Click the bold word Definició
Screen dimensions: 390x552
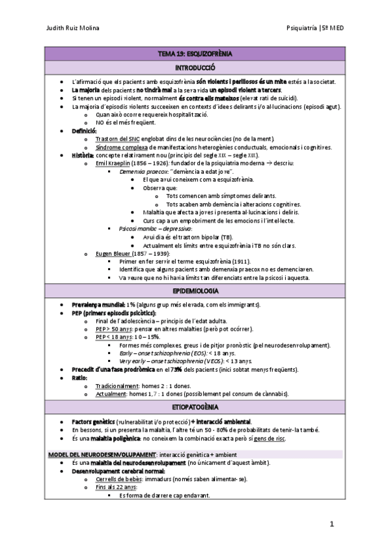(x=84, y=131)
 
